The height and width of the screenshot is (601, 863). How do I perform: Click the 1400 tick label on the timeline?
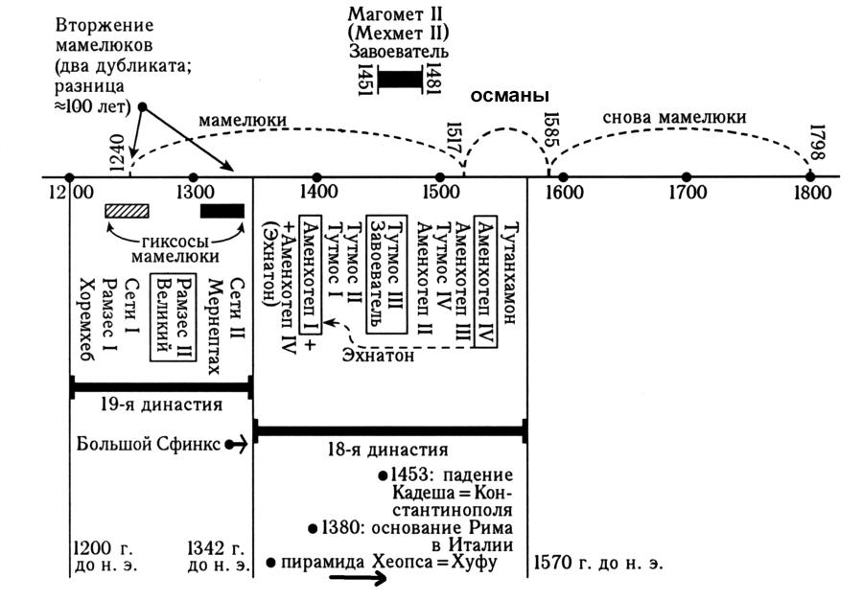[317, 192]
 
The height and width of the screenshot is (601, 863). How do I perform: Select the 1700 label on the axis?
[687, 192]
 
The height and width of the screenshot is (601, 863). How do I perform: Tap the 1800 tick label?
[810, 192]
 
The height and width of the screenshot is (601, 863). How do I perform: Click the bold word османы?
[508, 97]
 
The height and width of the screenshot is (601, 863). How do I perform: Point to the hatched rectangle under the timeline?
[127, 211]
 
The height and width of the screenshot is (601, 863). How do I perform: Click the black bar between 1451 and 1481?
[400, 79]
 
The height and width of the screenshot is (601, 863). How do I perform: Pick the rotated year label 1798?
[817, 144]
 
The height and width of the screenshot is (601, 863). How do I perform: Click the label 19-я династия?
[161, 405]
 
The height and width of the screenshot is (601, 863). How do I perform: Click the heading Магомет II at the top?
[399, 15]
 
